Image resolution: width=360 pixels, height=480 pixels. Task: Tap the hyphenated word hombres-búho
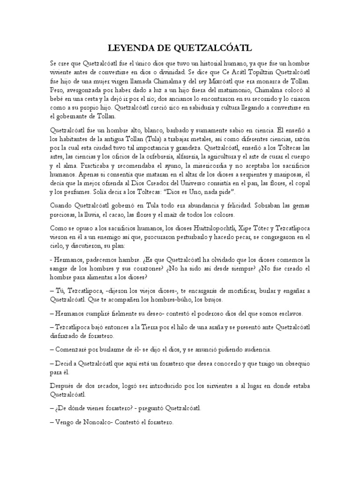pyautogui.click(x=168, y=299)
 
